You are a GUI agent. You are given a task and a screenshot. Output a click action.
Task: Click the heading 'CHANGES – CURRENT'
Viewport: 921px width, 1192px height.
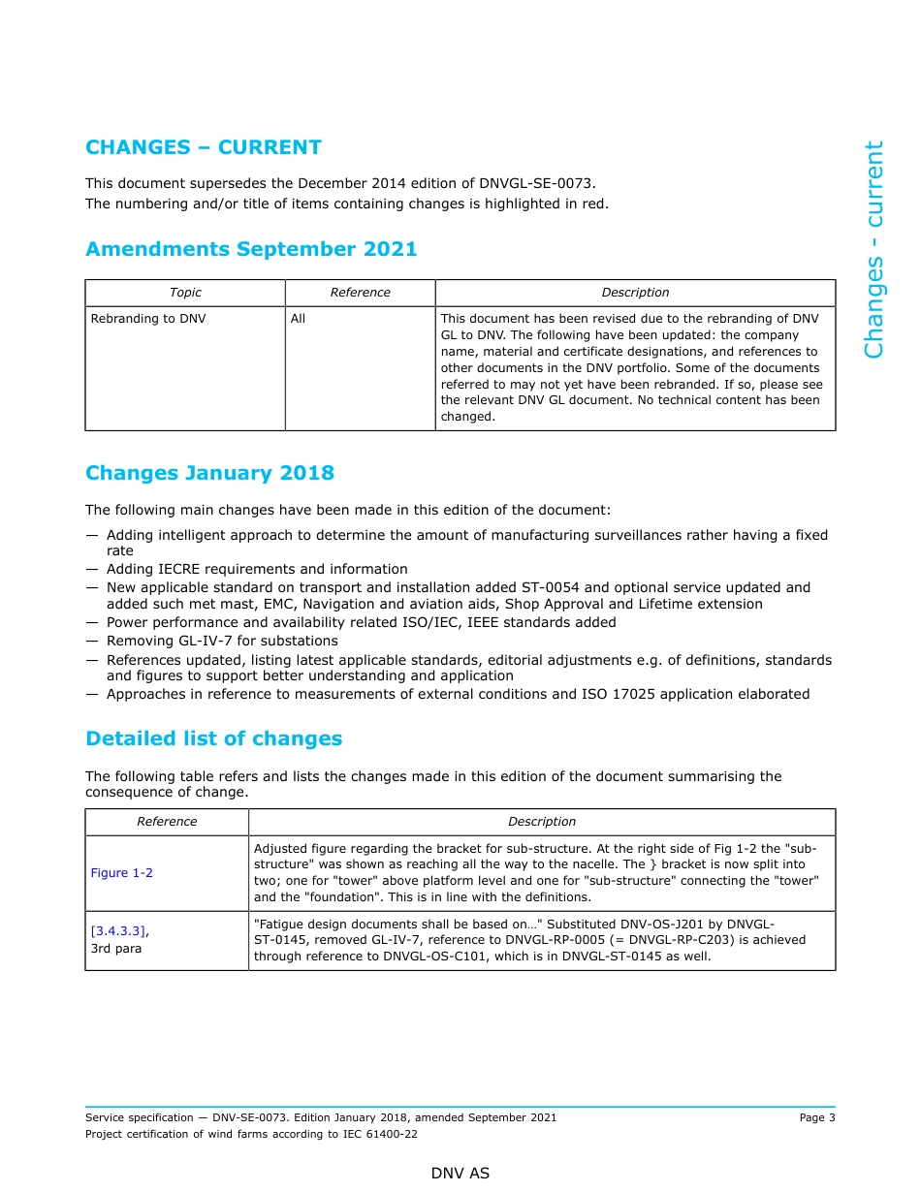[204, 147]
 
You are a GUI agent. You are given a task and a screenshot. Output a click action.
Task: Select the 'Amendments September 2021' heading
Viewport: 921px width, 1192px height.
[251, 249]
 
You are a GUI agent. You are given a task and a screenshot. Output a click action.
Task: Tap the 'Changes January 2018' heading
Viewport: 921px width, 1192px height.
[209, 473]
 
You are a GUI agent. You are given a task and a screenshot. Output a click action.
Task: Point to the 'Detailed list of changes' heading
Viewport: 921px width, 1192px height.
[213, 738]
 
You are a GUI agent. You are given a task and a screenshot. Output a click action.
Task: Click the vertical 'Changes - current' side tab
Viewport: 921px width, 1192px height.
[873, 250]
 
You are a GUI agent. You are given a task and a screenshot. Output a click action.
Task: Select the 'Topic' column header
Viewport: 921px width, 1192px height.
[185, 293]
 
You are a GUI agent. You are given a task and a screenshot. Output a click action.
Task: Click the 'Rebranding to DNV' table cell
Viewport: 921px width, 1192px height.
[148, 318]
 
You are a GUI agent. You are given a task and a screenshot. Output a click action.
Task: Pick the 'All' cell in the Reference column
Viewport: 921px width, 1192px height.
[298, 318]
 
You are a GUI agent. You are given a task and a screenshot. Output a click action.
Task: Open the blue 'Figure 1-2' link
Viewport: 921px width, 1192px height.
[121, 873]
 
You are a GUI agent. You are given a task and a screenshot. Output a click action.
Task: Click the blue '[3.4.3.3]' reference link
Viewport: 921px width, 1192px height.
[118, 931]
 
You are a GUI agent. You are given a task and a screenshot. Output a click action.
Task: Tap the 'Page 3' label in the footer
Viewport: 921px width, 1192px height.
[816, 1117]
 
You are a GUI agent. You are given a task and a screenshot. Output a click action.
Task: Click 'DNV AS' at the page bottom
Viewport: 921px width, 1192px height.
[460, 1174]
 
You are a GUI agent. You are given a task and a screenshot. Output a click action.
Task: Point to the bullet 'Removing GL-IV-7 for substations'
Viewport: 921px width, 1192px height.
[222, 641]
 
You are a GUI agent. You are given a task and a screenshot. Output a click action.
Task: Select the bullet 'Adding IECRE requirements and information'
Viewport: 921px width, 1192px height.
[257, 569]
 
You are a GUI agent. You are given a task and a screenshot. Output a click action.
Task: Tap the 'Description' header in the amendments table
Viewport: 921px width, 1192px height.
[635, 293]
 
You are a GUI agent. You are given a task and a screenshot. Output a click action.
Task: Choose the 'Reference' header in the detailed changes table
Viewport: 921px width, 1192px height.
[167, 822]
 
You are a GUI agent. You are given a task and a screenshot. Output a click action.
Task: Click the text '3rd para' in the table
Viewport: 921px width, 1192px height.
[115, 949]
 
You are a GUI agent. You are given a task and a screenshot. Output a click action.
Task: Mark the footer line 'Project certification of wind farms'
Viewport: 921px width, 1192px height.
[251, 1134]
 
